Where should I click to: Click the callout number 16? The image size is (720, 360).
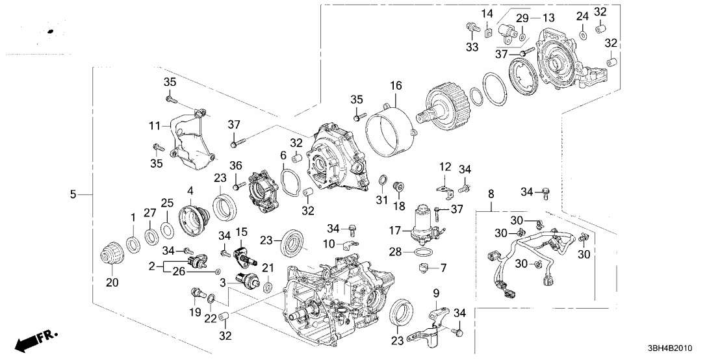396,85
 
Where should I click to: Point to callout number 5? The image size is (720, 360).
73,194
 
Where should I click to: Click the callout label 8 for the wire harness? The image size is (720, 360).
491,193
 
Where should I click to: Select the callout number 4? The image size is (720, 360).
190,190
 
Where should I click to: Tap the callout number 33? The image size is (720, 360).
470,46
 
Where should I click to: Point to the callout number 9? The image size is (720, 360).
437,293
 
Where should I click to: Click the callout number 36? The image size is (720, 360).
235,166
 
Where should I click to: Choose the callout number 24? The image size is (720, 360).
582,15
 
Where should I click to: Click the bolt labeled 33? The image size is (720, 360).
470,27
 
